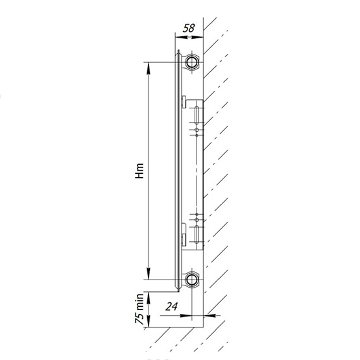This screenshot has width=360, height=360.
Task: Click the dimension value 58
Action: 189,28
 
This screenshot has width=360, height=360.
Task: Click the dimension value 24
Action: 172,306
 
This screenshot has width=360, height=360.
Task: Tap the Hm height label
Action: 139,171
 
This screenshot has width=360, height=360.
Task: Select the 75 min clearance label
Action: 139,309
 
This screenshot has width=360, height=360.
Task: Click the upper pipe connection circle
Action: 191,62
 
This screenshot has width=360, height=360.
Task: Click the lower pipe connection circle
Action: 191,280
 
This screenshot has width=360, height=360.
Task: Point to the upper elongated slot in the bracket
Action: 197,115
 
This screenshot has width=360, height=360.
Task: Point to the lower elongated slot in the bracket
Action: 197,234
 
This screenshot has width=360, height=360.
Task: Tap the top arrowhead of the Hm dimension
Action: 149,68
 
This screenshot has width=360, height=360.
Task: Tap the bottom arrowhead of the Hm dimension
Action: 149,274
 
